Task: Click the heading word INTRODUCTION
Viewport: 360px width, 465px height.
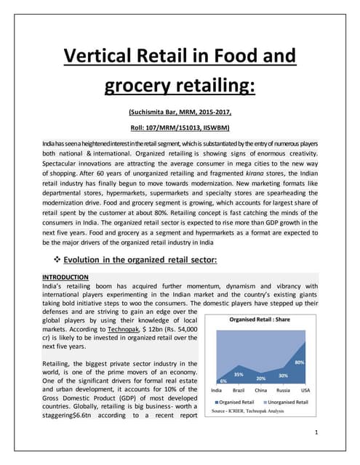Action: pos(65,277)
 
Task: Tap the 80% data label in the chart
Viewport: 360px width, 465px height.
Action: pos(300,362)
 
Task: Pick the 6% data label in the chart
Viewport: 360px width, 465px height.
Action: pos(223,381)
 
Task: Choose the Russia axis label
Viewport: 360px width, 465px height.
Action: pos(283,391)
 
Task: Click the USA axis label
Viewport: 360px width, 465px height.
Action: pos(305,391)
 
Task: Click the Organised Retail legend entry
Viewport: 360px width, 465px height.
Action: pos(237,402)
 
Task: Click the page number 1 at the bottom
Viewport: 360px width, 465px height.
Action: pos(319,434)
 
